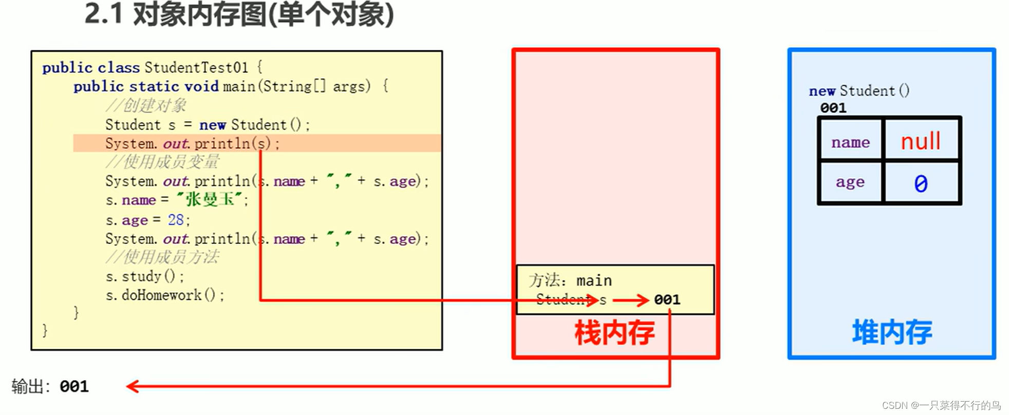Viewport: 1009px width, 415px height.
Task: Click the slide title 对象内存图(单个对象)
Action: tap(239, 14)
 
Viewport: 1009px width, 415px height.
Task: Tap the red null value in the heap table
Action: tap(920, 141)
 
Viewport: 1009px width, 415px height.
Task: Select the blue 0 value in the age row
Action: tap(920, 183)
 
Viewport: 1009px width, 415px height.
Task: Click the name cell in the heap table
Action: tap(850, 142)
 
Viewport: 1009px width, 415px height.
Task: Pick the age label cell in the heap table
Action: tap(850, 182)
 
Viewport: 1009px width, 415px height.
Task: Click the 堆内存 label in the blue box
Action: tap(892, 332)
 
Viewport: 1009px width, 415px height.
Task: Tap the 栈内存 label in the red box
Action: tap(614, 333)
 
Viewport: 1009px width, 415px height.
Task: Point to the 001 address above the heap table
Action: tap(833, 108)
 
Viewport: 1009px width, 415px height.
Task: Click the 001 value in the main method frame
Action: tap(667, 299)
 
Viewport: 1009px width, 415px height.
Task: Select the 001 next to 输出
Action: tap(74, 386)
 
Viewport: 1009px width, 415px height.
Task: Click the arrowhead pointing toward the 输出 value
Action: tap(133, 386)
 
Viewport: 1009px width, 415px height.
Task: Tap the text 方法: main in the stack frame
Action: tap(570, 280)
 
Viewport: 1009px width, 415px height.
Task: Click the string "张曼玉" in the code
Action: tap(210, 200)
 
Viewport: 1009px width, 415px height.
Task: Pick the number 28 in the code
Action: tap(175, 220)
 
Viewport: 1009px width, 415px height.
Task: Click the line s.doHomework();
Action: tap(165, 295)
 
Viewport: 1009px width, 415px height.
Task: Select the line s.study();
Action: tap(145, 276)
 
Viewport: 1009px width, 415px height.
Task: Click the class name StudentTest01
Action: tap(196, 67)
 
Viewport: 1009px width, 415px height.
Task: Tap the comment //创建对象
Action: tap(146, 106)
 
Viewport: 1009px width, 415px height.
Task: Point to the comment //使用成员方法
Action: tap(162, 257)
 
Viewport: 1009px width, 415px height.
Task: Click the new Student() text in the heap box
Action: tap(859, 91)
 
